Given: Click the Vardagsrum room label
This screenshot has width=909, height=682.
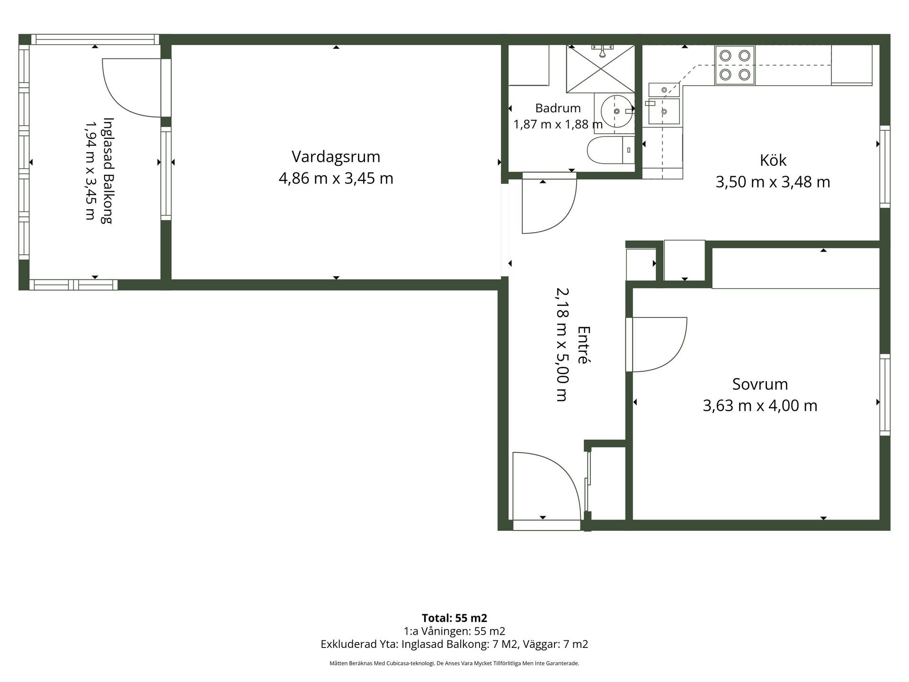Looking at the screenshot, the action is (336, 157).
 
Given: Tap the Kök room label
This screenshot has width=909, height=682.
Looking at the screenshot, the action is (773, 160).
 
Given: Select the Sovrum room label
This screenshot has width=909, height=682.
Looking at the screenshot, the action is (760, 384).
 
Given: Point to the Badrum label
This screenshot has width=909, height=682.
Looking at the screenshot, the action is (558, 108).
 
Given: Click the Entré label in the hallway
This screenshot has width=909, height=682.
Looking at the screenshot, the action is (584, 344).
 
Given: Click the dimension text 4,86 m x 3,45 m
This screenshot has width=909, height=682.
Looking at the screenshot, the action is (336, 179).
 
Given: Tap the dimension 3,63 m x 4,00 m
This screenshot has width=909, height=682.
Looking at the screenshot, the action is (760, 406).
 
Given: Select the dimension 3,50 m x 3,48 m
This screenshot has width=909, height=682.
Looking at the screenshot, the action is (773, 182).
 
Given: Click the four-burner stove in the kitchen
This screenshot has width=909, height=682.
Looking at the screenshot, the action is (735, 65).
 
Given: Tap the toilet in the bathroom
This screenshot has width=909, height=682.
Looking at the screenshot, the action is (611, 150).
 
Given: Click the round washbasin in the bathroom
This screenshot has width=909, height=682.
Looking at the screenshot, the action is (617, 111).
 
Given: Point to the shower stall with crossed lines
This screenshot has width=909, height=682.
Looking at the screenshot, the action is (600, 69).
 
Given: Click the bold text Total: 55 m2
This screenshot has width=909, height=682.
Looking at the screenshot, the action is (454, 618).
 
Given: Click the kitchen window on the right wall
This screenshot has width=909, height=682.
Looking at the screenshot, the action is (885, 166).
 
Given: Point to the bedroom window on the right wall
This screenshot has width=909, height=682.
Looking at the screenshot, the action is (885, 395).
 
